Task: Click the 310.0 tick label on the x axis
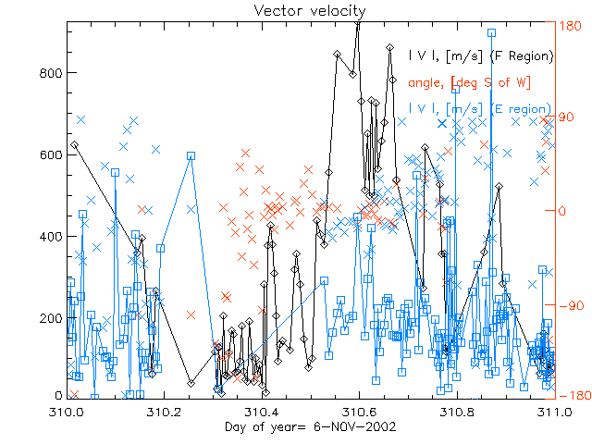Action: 67,412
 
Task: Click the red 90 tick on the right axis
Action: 565,117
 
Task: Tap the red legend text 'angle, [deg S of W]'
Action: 468,83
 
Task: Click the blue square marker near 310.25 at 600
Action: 191,156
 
